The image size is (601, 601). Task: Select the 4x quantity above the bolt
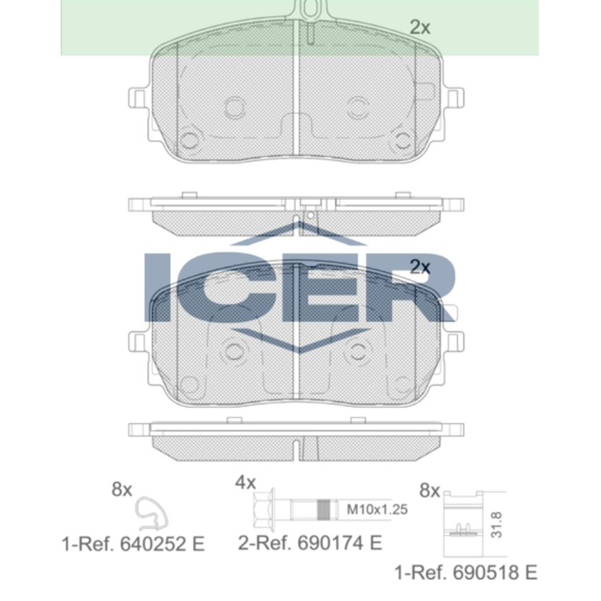(x=245, y=483)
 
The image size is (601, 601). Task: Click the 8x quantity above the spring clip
(x=121, y=490)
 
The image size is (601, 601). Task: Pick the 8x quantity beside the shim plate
(x=429, y=491)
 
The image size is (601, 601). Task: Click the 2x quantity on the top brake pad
(x=420, y=27)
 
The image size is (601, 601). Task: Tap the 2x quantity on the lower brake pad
(x=420, y=267)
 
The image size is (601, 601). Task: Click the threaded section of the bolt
(x=325, y=510)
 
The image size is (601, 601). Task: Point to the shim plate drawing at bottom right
(x=463, y=523)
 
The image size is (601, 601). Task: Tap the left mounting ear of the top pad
(x=138, y=97)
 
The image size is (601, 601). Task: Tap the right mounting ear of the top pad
(x=455, y=97)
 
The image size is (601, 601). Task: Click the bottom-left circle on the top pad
(x=189, y=141)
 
